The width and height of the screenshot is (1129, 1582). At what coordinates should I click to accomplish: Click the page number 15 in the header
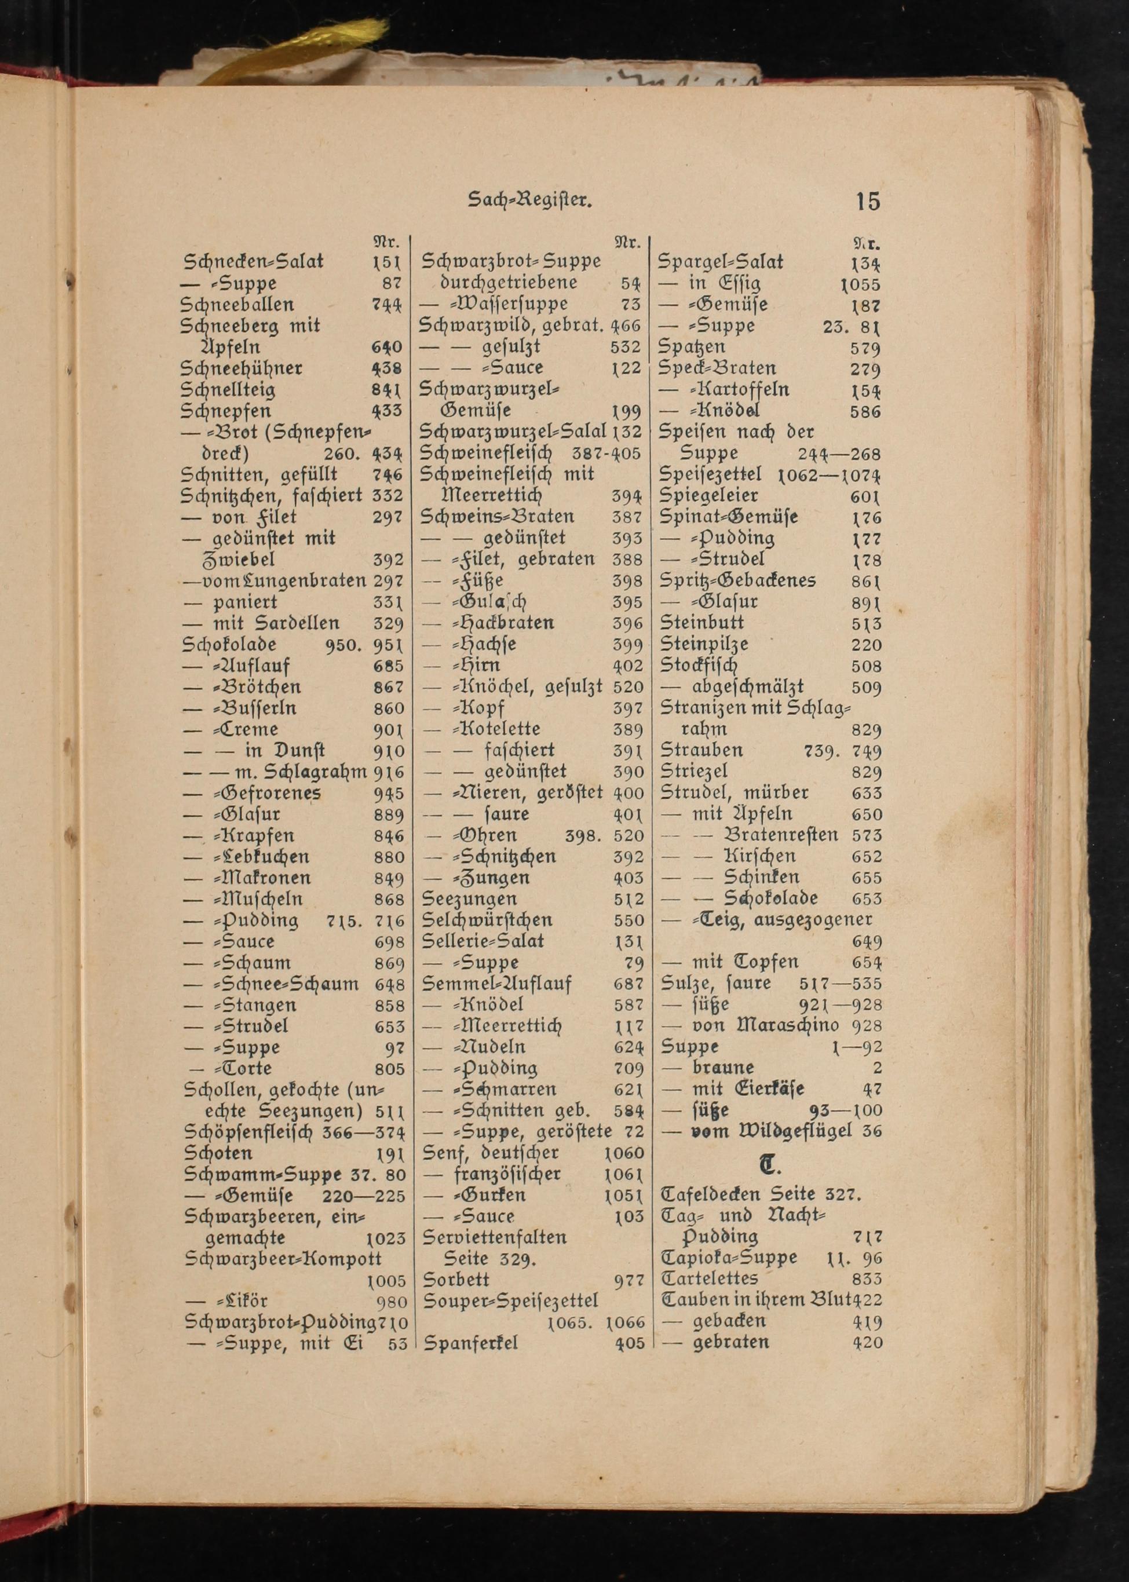[x=868, y=202]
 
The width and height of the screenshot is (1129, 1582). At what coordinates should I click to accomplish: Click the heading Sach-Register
[x=529, y=202]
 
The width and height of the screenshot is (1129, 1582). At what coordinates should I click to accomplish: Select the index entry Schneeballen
[x=237, y=305]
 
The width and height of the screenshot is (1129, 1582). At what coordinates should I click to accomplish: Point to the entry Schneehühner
[x=241, y=368]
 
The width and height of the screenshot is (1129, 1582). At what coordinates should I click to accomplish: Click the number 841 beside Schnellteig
[x=387, y=390]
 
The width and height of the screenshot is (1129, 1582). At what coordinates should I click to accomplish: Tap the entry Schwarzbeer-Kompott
[x=284, y=1259]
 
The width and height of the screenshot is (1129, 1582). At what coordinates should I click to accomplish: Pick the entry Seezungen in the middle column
[x=470, y=898]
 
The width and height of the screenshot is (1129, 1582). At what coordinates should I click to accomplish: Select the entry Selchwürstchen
[x=488, y=920]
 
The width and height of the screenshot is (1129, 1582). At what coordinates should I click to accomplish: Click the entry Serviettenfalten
[x=495, y=1237]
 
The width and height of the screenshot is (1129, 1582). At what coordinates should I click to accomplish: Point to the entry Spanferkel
[x=470, y=1343]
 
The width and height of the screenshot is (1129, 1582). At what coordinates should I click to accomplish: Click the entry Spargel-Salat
[x=721, y=262]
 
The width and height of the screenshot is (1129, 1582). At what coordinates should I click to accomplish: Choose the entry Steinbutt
[x=701, y=623]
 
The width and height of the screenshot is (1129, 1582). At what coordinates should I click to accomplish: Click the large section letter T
[x=768, y=1165]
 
